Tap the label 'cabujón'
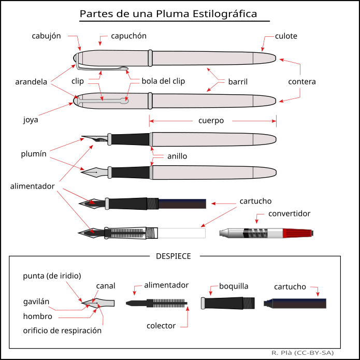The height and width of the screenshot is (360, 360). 46,36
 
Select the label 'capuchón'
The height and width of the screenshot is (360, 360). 129,36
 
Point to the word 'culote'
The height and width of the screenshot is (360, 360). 286,36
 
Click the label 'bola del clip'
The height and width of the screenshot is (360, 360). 164,81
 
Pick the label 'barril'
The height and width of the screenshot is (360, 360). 237,82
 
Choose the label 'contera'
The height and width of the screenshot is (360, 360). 302,82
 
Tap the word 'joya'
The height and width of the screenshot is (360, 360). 31,120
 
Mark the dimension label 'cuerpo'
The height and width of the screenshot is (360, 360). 211,121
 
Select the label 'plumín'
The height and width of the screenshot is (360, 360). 34,154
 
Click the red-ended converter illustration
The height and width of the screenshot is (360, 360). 266,233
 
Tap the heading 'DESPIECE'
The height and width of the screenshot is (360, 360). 173,256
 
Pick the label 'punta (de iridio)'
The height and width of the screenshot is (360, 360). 52,276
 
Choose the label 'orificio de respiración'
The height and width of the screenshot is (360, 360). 62,330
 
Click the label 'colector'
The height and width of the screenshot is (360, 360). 161,326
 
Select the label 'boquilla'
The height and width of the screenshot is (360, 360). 234,286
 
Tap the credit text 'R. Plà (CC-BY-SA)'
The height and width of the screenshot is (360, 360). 302,353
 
